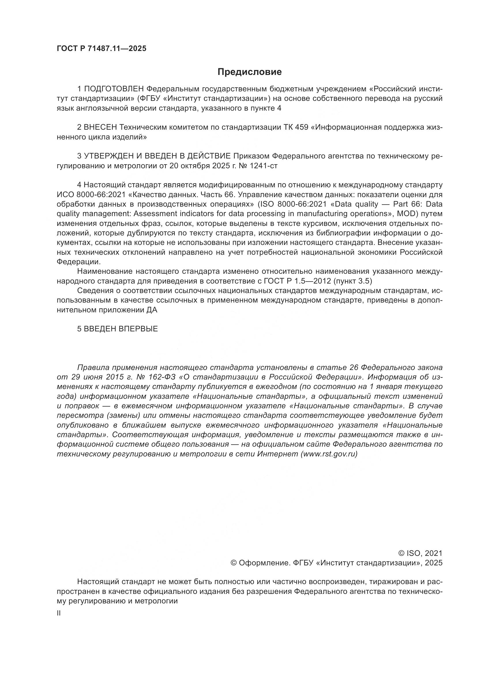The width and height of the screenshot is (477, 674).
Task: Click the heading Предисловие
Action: click(249, 72)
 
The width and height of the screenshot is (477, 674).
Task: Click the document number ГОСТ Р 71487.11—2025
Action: click(101, 49)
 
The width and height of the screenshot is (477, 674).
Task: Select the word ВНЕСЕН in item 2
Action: click(100, 127)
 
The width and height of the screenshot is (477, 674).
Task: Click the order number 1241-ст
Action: click(263, 166)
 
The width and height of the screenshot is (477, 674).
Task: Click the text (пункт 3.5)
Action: click(353, 281)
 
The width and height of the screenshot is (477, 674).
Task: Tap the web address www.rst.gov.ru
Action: click(329, 454)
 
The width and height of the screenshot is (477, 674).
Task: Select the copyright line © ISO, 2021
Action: click(420, 553)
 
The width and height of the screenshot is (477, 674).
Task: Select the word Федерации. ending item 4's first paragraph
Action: click(79, 262)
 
